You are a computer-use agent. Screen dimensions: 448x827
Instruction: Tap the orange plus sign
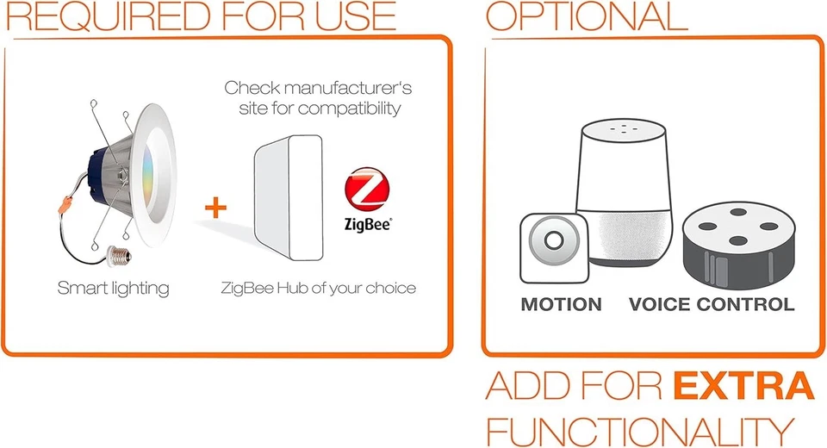coord(216,207)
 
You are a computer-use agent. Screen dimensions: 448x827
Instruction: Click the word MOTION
coord(561,304)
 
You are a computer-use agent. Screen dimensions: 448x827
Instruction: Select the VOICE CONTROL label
coord(712,304)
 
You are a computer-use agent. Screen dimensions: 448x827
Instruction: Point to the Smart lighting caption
coord(113,287)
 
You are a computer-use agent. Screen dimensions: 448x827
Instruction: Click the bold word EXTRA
coord(743,386)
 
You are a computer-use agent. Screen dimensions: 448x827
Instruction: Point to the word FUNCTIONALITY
coord(637,429)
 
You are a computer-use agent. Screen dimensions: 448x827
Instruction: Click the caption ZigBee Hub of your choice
coord(318,287)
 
